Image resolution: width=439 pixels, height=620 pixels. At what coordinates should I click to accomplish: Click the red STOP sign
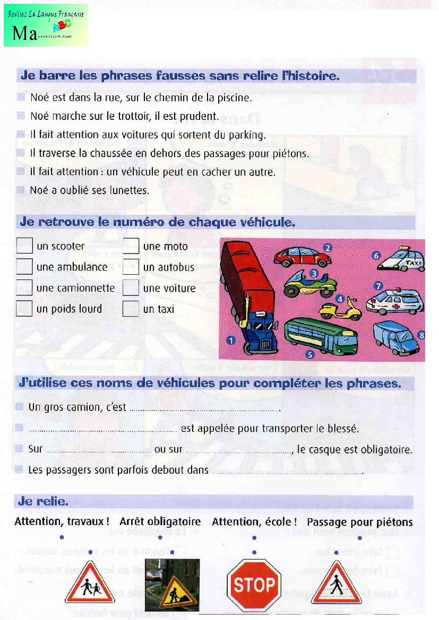tap(254, 585)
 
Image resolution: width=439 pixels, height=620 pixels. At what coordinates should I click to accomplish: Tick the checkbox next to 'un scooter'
tap(24, 246)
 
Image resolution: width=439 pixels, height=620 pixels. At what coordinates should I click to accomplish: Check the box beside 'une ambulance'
tap(24, 267)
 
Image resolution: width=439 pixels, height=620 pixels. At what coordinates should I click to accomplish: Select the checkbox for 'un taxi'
tap(131, 309)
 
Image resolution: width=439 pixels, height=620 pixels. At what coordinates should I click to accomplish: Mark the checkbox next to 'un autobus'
tap(131, 267)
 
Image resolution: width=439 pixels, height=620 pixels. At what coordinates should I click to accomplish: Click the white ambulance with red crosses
tap(395, 302)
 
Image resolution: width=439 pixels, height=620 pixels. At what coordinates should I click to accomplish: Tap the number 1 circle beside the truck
tap(231, 340)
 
